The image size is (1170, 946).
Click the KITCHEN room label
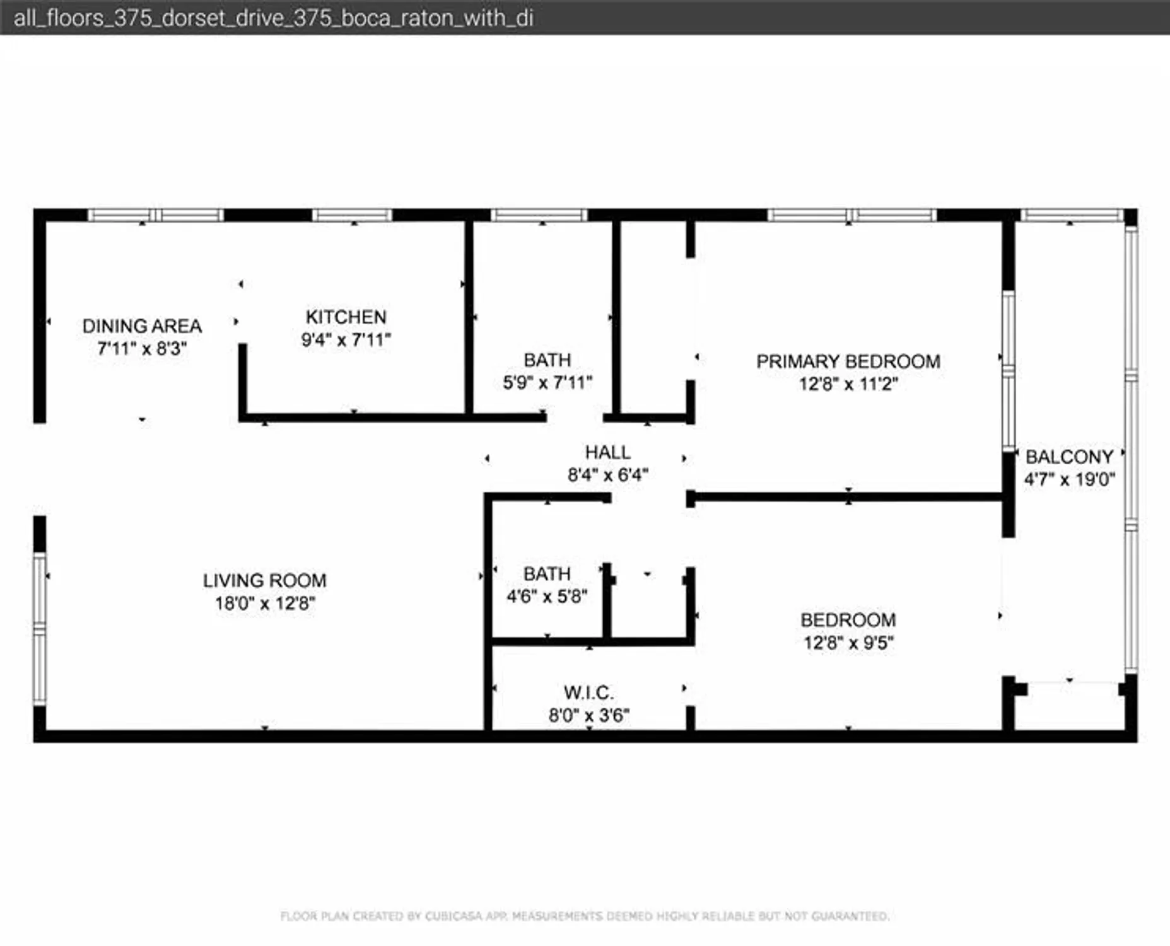[x=346, y=317]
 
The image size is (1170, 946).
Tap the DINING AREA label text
[x=142, y=326]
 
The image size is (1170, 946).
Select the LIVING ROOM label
[x=264, y=580]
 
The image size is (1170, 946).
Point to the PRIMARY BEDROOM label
[x=848, y=361]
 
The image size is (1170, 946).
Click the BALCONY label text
[x=1068, y=457]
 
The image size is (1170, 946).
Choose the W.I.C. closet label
[x=588, y=692]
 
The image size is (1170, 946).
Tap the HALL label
[x=607, y=452]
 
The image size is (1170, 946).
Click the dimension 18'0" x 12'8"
[x=264, y=604]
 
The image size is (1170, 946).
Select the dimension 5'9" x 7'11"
[x=547, y=383]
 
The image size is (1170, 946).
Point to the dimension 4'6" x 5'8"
[x=547, y=597]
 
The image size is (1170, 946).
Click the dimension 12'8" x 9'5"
[x=848, y=643]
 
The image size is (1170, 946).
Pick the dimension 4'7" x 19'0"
[x=1068, y=479]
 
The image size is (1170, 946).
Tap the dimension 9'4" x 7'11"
[x=346, y=340]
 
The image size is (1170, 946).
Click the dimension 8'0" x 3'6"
[x=588, y=716]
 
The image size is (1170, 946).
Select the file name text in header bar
[x=273, y=18]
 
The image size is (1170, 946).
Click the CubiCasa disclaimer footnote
[x=585, y=916]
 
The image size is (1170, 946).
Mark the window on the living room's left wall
[x=40, y=628]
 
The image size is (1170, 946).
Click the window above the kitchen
[x=352, y=215]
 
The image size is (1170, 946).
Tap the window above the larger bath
[x=539, y=215]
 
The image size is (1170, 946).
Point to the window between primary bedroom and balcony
[x=1008, y=371]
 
